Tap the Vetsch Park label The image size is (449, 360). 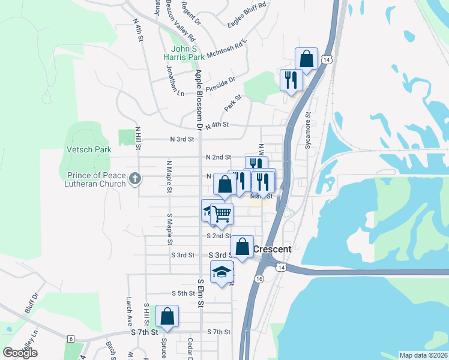88,149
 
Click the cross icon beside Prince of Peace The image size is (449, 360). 135,178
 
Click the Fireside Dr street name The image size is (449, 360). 220,83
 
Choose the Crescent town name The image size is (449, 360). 273,249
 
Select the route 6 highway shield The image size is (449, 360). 71,339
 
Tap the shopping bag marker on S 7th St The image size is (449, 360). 167,316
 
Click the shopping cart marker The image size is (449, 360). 222,213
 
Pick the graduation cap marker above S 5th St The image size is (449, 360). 222,271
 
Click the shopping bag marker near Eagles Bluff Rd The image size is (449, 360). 306,59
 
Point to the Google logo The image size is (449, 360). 20,353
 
